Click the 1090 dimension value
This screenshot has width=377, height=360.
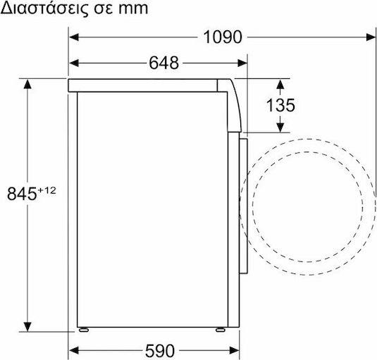pos(223,37)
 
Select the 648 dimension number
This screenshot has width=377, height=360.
pos(164,63)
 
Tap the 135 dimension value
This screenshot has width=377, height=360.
pos(280,105)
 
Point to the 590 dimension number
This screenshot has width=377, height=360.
pos(160,351)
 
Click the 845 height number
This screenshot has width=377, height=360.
pos(22,194)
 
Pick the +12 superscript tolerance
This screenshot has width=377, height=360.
pos(47,191)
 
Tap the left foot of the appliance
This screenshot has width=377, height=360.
pos(84,330)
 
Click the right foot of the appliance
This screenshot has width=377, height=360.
pos(221,330)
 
